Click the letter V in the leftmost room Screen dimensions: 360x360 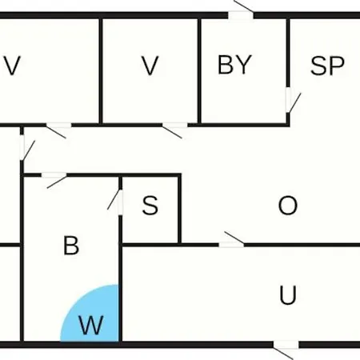[x=13, y=66]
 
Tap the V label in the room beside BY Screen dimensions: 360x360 [x=150, y=66]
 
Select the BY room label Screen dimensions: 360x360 [x=234, y=64]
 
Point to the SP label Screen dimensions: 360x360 [x=327, y=66]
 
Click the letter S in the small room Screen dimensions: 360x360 [x=150, y=205]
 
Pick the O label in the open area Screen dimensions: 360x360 [x=288, y=206]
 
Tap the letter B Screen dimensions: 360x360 [x=71, y=246]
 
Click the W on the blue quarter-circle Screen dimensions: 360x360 [x=91, y=325]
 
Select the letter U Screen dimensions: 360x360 [x=288, y=295]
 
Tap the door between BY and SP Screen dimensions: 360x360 [x=291, y=100]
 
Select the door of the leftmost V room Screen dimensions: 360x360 [x=58, y=130]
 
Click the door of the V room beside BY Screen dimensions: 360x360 [x=175, y=130]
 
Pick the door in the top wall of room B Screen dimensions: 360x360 [x=54, y=179]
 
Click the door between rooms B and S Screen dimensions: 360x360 [x=117, y=202]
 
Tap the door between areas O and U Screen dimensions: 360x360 [x=231, y=241]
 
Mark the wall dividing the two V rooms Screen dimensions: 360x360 [x=101, y=70]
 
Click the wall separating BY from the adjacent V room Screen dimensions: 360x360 [x=199, y=70]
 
